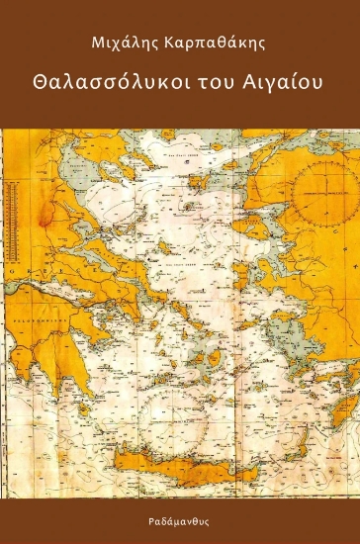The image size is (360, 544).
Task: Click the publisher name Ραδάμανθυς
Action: click(x=180, y=516)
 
